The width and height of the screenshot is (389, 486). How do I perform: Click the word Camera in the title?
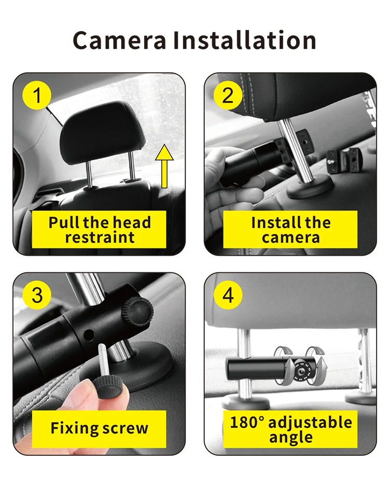120,41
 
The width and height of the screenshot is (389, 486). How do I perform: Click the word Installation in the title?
244,41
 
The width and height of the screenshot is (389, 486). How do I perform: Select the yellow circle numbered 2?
228,95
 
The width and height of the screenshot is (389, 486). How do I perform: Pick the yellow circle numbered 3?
37,295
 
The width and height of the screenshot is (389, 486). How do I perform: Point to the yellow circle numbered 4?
228,295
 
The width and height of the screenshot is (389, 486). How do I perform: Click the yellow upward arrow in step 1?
164,166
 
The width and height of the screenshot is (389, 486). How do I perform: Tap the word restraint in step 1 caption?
100,238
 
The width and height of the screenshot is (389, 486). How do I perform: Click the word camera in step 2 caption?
290,238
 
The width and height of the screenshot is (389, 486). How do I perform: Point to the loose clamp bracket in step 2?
343,160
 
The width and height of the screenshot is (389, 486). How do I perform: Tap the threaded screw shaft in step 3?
104,361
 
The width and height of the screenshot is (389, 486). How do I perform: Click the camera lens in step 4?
299,370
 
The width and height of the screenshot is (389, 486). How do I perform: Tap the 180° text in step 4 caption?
247,422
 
